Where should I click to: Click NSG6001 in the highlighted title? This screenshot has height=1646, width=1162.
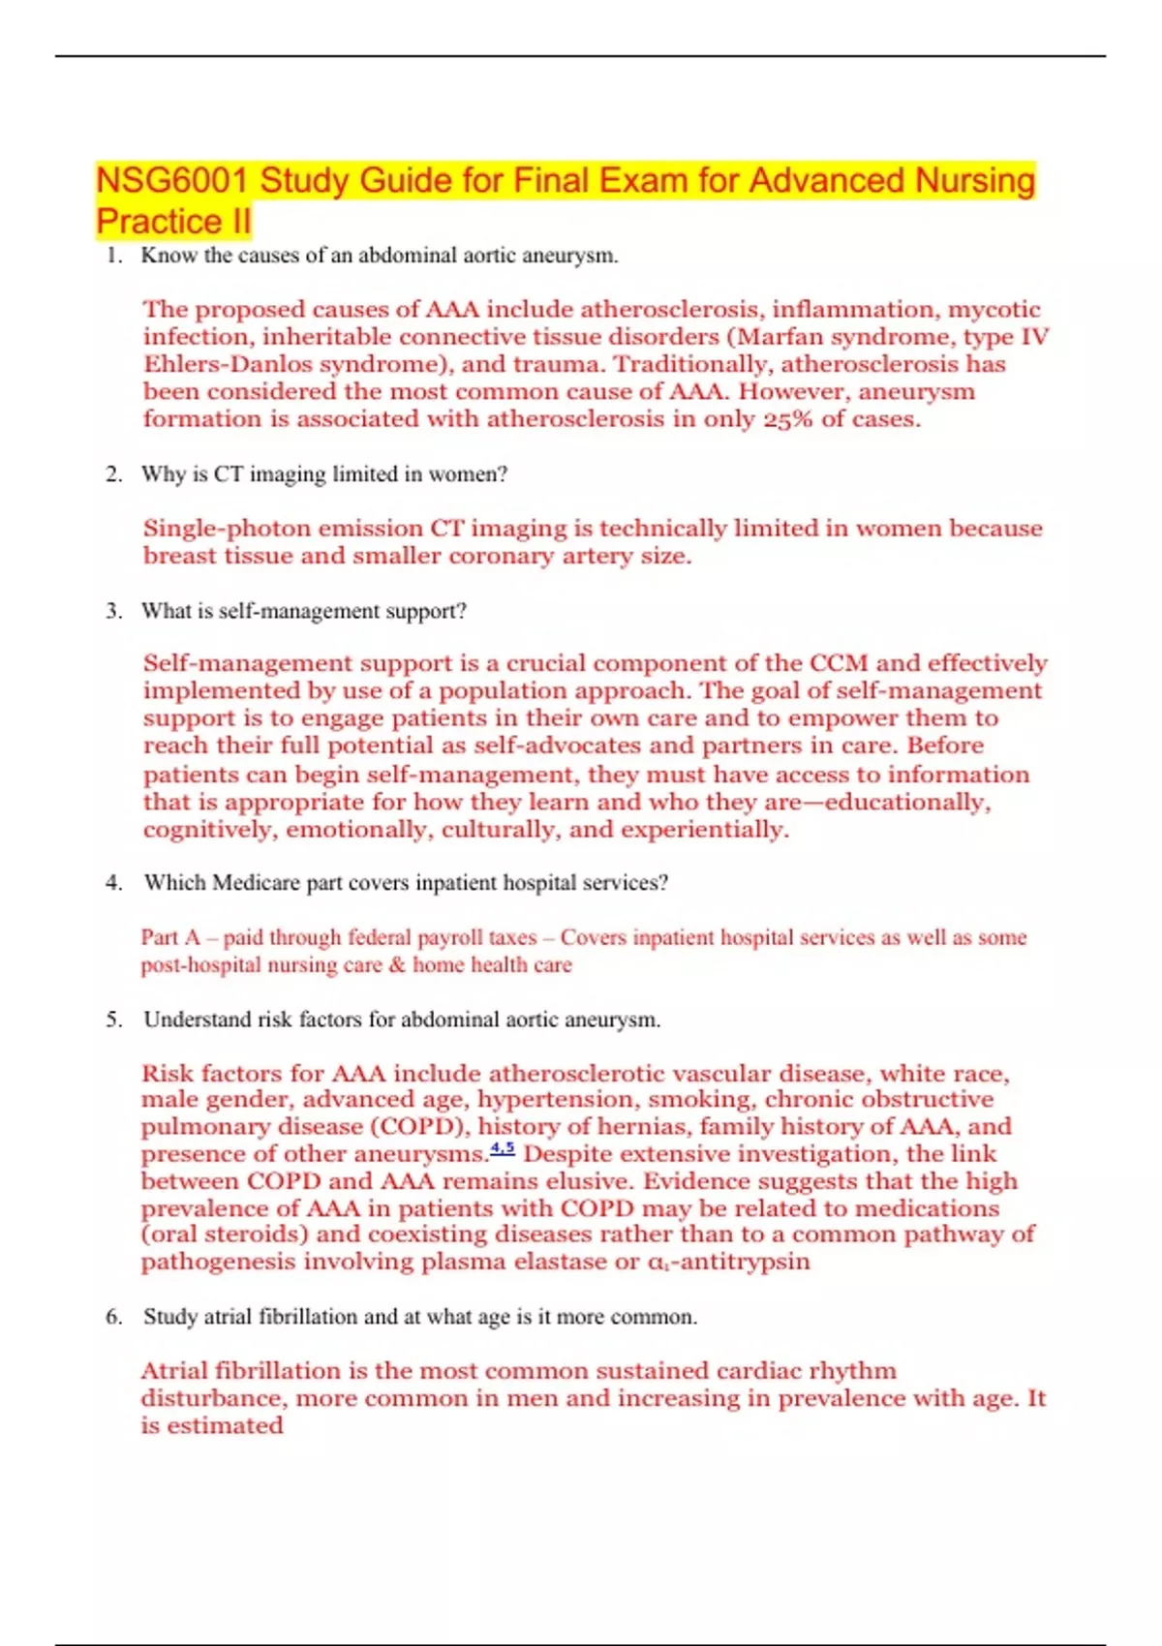172,181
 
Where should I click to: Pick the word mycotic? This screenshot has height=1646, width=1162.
994,310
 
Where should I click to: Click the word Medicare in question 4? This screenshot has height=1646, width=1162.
257,883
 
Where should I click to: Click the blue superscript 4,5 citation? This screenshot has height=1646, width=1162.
503,1149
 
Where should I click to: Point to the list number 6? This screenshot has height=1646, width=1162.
113,1317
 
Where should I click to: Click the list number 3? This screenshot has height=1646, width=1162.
113,611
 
